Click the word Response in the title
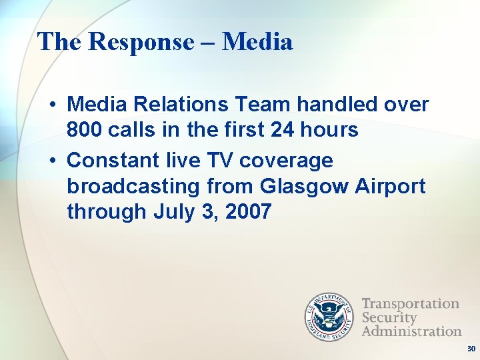139,42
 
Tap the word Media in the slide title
257,42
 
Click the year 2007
248,212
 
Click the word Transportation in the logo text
410,304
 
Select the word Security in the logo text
389,317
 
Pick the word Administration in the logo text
411,331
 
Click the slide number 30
471,349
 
